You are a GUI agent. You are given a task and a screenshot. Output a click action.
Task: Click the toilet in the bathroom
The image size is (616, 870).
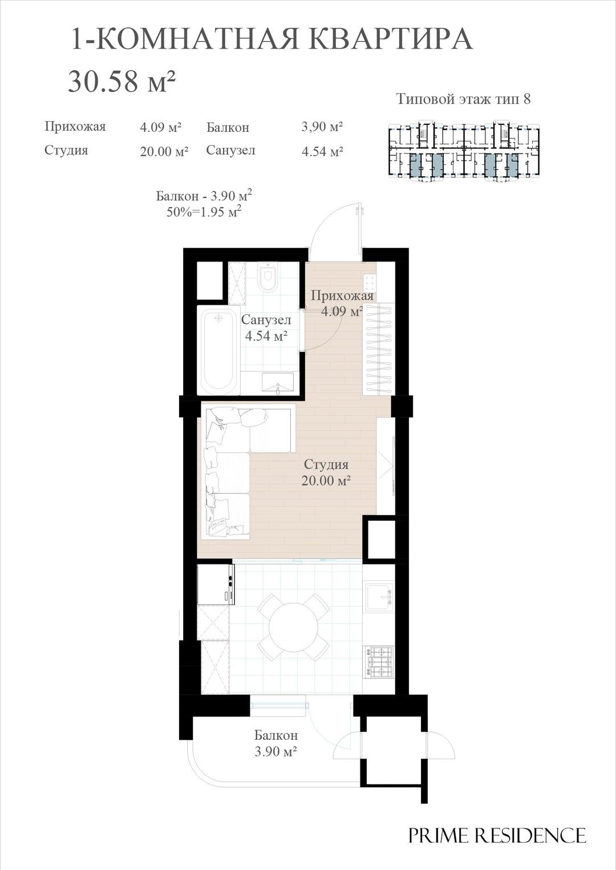click(x=268, y=277)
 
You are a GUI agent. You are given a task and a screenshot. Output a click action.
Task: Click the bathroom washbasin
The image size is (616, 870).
click(x=278, y=382)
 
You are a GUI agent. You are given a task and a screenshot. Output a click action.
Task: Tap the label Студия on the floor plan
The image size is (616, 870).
click(x=326, y=464)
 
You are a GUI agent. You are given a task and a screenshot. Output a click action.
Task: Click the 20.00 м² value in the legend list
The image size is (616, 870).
click(x=164, y=151)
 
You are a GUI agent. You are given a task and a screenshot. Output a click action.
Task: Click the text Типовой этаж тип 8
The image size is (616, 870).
click(x=463, y=99)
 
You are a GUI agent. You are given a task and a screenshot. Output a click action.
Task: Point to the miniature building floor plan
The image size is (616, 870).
click(x=464, y=151)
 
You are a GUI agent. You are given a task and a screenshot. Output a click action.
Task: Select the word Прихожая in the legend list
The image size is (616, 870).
click(x=75, y=127)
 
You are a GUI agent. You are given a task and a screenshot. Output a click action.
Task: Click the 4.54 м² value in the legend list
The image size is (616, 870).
click(x=322, y=151)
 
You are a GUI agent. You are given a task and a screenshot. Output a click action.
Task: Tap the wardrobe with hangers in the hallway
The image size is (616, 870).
click(x=379, y=348)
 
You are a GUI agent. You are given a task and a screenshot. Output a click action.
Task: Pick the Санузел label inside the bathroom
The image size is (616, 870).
click(x=266, y=320)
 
